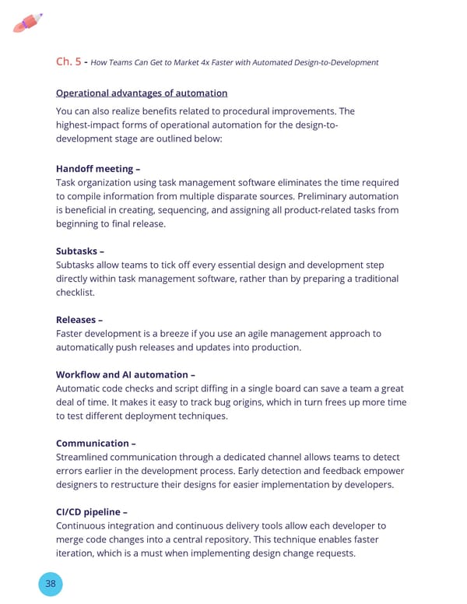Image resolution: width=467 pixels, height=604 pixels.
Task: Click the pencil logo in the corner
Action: [28, 23]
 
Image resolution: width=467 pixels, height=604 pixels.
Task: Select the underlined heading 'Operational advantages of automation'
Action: [142, 93]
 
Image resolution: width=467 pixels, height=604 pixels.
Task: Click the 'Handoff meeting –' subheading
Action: [98, 169]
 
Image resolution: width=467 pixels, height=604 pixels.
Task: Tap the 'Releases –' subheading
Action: [79, 319]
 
